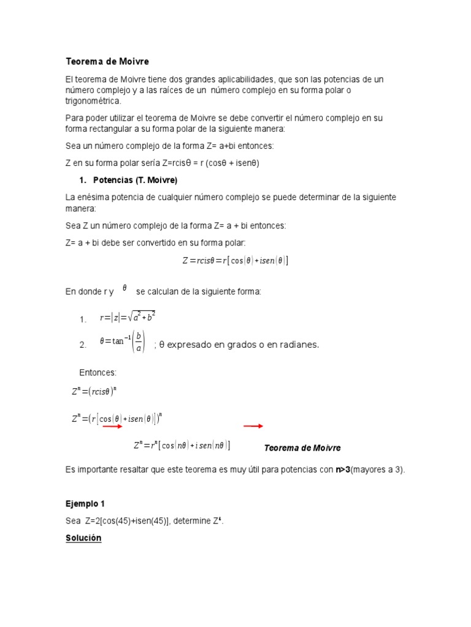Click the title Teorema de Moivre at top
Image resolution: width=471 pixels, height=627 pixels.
tap(107, 62)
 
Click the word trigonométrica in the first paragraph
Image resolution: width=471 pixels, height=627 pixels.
tap(93, 101)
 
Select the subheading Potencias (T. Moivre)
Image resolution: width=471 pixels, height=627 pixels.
tap(135, 180)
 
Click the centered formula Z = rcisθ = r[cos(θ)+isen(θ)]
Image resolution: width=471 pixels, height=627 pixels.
tap(235, 260)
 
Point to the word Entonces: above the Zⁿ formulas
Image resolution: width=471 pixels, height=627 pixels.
tap(98, 373)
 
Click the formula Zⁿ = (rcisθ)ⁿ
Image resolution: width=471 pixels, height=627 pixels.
tap(94, 392)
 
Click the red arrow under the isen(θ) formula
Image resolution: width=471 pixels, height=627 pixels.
tap(112, 427)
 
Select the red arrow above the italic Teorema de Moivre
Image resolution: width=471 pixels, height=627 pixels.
tap(253, 426)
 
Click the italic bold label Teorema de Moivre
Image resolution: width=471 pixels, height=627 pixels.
tap(302, 448)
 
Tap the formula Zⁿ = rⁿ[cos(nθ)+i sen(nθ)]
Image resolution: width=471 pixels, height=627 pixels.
tap(182, 446)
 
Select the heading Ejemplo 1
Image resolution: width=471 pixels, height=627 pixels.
tap(85, 504)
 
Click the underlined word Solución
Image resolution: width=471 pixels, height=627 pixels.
tap(83, 538)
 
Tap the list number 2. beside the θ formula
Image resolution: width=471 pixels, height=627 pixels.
tap(83, 345)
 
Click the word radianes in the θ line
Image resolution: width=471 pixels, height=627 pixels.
tap(299, 345)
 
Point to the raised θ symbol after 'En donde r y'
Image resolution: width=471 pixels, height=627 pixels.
tap(124, 287)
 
